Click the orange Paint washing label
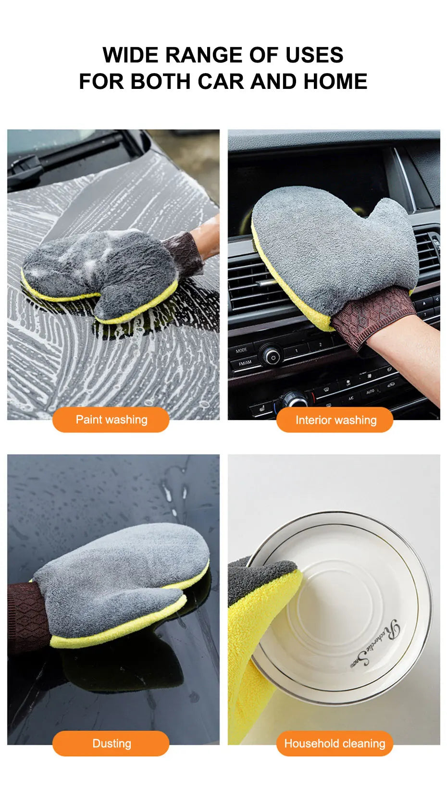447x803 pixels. pos(111,420)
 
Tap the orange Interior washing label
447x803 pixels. pos(335,420)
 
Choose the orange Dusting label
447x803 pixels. pos(111,744)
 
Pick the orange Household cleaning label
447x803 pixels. pos(335,744)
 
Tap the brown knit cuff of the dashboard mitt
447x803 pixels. pos(372,317)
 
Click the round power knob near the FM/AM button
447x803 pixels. pos(272,357)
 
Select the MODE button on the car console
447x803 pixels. pos(241,350)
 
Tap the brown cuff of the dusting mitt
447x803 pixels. pos(26,615)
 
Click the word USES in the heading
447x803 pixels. pos(314,55)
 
